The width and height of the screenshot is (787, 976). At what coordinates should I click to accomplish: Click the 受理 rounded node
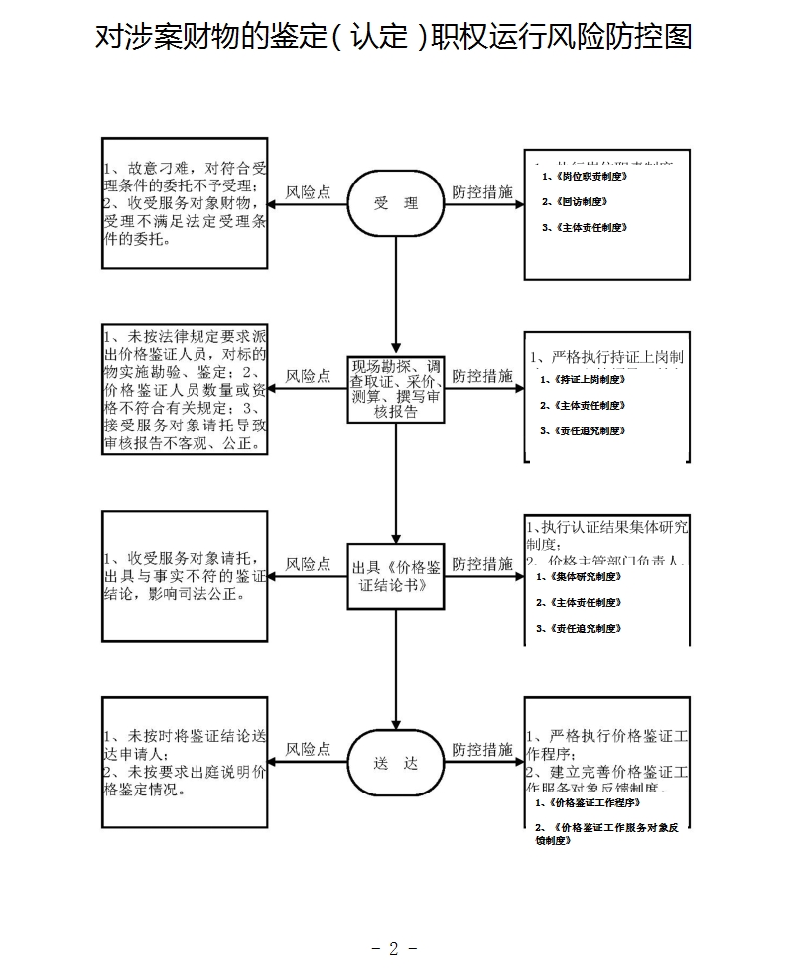[396, 203]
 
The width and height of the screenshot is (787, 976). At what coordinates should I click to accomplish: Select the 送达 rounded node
[396, 764]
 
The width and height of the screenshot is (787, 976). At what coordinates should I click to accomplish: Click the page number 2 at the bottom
[393, 949]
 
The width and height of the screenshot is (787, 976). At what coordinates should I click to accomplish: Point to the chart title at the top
[393, 38]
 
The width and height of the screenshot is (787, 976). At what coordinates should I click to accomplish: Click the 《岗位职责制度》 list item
[585, 176]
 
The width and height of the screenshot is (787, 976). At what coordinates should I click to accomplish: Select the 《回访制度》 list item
[575, 201]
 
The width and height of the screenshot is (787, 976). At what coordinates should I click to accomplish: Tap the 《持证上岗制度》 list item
[582, 379]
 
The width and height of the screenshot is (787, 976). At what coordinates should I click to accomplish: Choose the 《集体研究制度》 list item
[578, 576]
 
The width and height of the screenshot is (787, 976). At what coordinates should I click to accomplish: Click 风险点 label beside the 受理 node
[308, 192]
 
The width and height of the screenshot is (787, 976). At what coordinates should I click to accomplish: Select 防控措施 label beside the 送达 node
[482, 750]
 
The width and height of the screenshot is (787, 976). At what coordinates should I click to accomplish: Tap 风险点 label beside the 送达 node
[308, 750]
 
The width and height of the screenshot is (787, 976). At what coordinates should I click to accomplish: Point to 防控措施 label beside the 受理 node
[482, 192]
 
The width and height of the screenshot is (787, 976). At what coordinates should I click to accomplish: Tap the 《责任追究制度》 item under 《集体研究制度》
[578, 628]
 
